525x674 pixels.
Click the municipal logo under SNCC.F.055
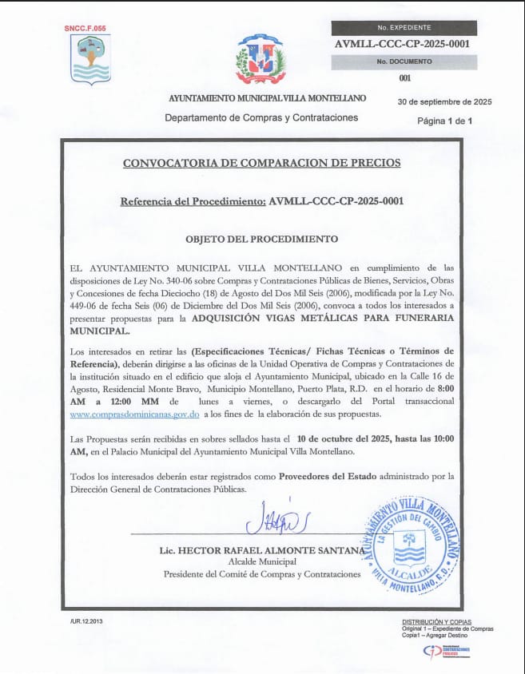coord(91,57)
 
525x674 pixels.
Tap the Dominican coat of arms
coord(261,59)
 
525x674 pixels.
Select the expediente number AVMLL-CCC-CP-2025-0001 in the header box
coord(404,45)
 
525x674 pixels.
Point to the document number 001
coord(404,78)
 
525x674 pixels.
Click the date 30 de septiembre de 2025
coord(444,101)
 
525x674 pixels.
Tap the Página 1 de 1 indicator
coord(445,121)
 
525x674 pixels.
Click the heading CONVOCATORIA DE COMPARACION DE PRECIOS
coord(261,163)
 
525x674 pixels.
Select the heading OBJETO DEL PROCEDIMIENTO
coord(261,239)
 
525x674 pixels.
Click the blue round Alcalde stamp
coord(412,541)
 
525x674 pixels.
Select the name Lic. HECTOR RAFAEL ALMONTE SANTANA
coord(263,551)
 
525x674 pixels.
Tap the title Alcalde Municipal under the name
coord(262,562)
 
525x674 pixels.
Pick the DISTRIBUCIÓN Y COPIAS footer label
coord(436,621)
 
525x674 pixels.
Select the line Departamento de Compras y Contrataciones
coord(261,117)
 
